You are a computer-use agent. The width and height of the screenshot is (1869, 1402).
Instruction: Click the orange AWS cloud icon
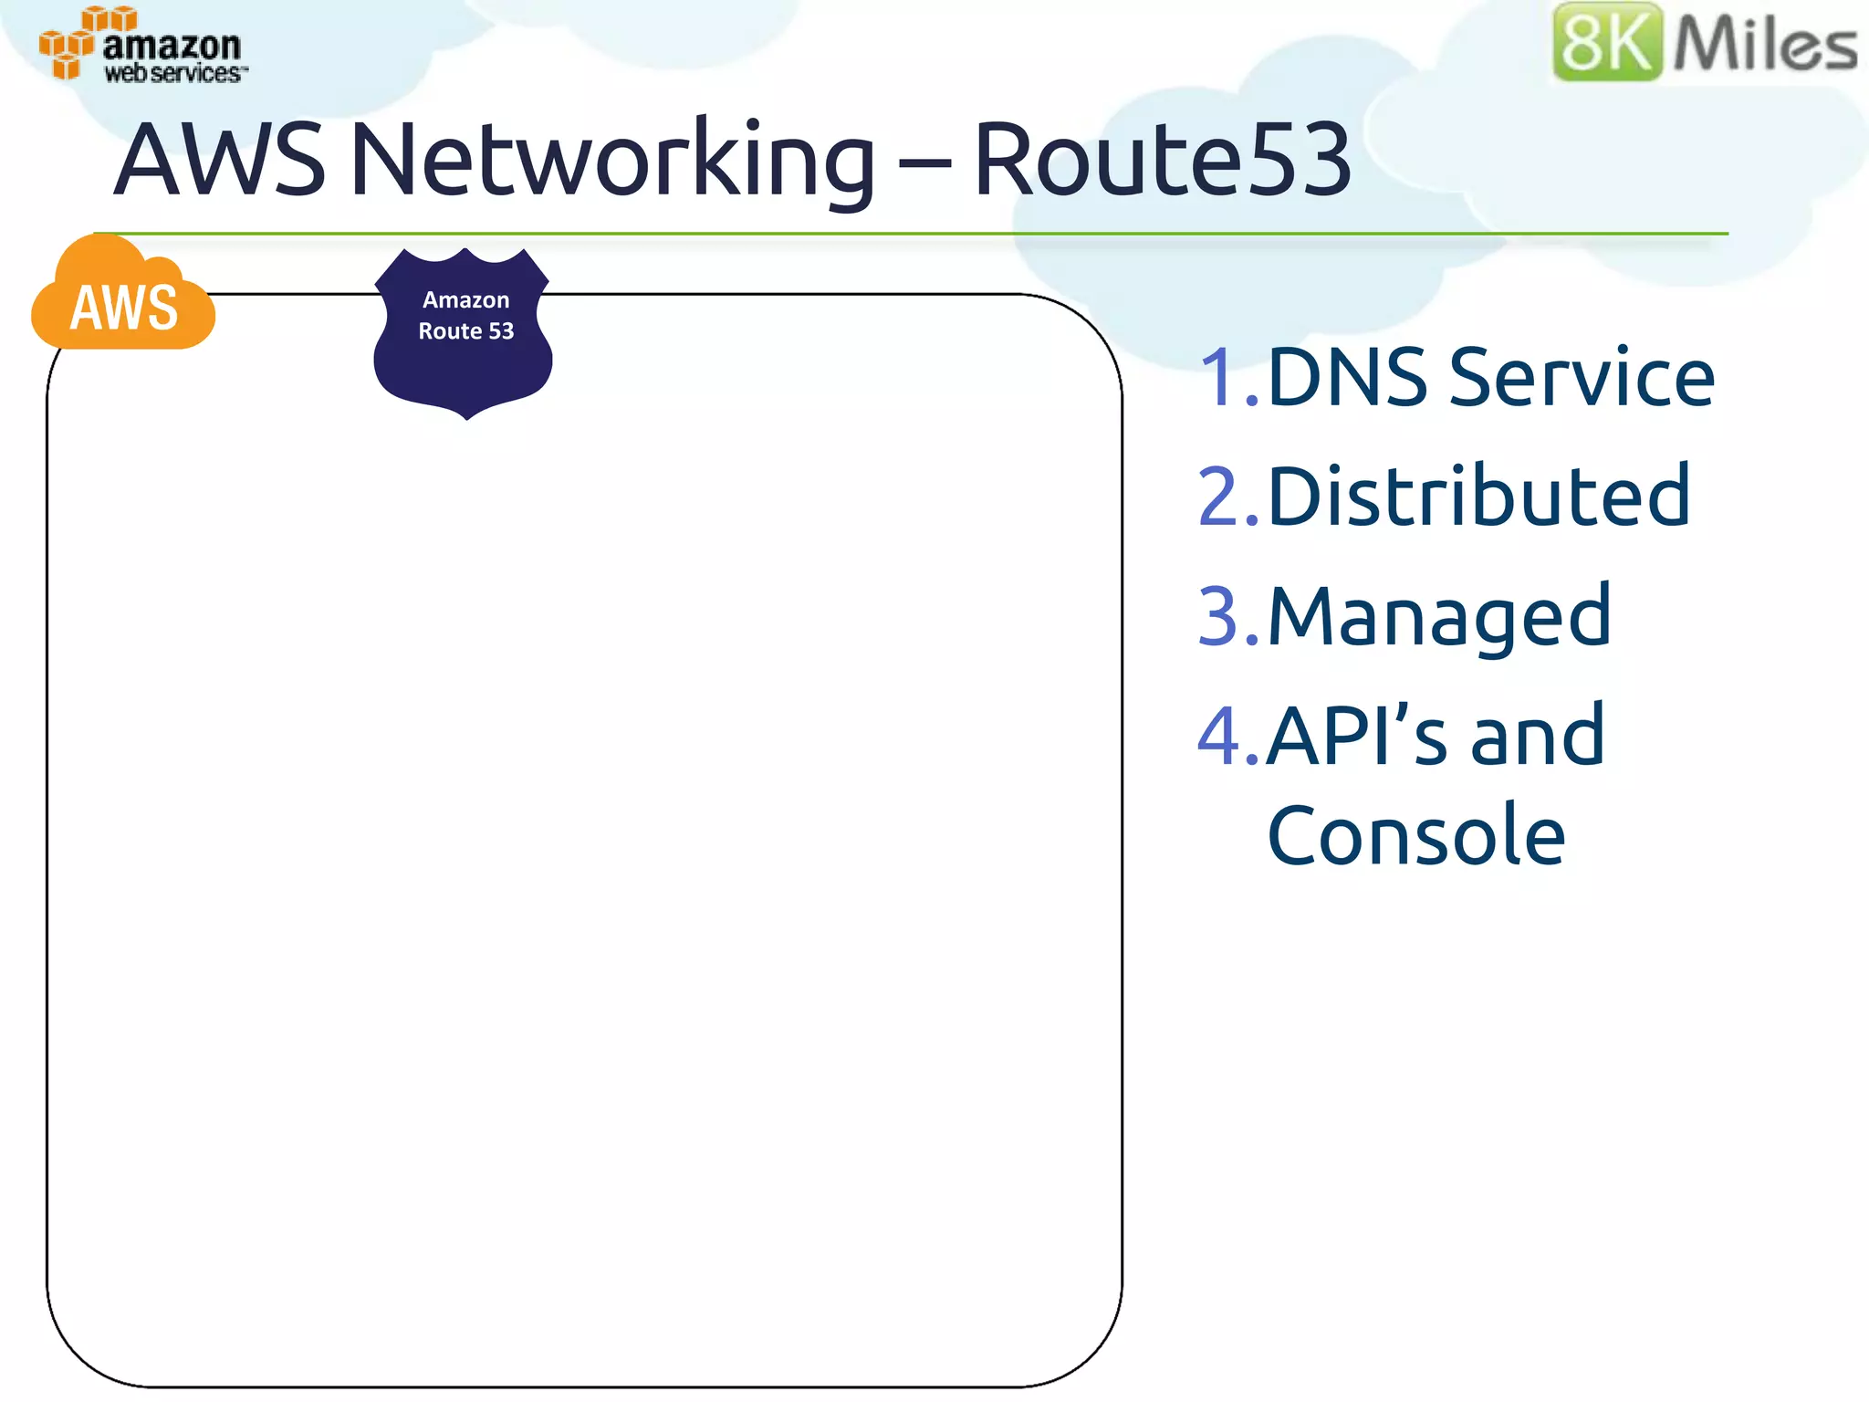tap(124, 301)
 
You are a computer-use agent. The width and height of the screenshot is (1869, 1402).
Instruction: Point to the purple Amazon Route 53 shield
tap(465, 333)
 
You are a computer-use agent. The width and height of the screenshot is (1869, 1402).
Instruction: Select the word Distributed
tap(1479, 497)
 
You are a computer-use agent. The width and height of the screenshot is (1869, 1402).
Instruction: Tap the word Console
tap(1416, 835)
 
